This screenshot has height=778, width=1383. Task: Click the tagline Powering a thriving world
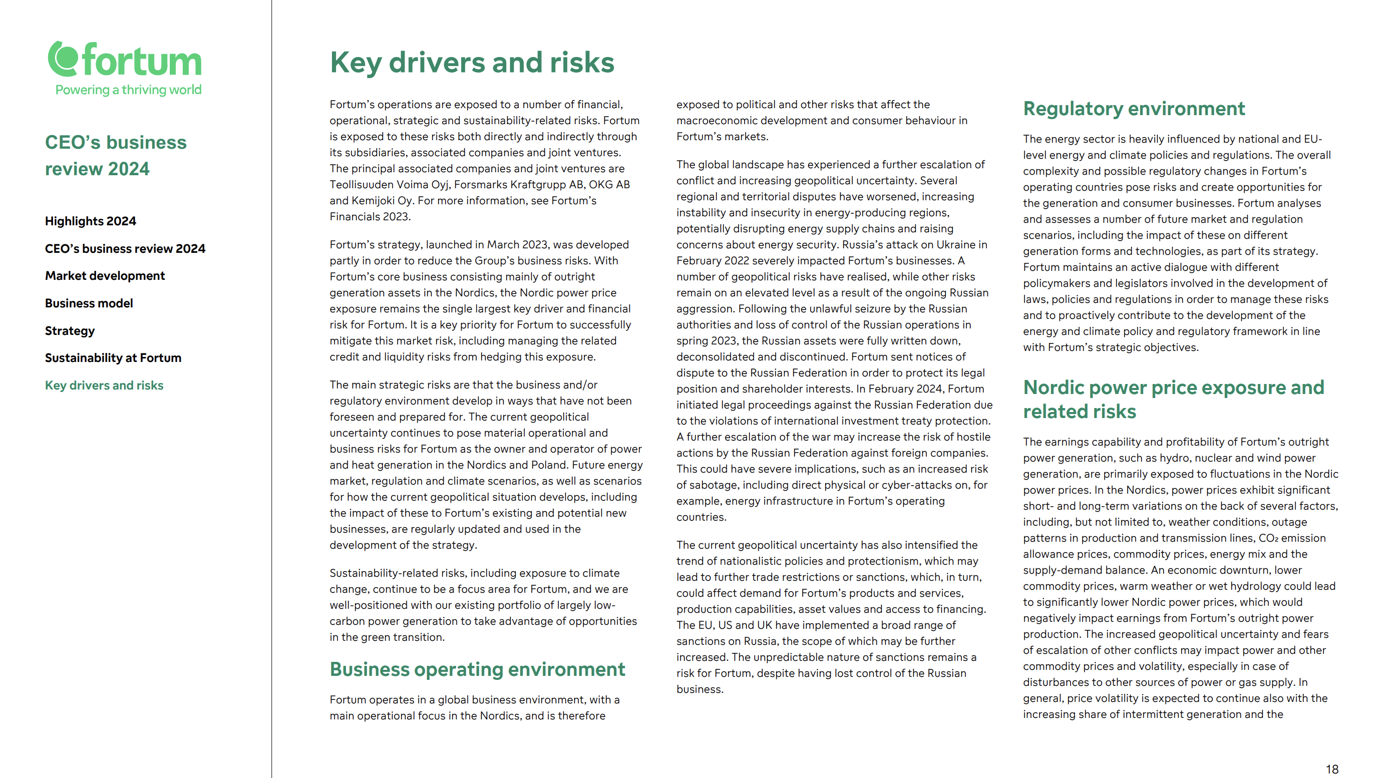pyautogui.click(x=128, y=90)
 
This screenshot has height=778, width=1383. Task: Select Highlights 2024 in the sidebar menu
pyautogui.click(x=90, y=221)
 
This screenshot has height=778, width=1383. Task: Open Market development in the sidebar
pyautogui.click(x=105, y=275)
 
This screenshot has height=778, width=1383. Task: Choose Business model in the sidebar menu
pyautogui.click(x=89, y=303)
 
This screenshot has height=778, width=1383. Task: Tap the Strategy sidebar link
pyautogui.click(x=70, y=331)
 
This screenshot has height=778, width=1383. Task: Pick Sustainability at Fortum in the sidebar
pyautogui.click(x=113, y=358)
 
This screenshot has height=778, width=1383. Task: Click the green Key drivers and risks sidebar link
pyautogui.click(x=104, y=385)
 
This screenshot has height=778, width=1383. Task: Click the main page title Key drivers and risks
pyautogui.click(x=471, y=62)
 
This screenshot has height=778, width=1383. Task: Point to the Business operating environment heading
pyautogui.click(x=477, y=669)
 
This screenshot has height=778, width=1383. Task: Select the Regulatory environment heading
pyautogui.click(x=1133, y=109)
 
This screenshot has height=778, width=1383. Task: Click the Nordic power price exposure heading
pyautogui.click(x=1173, y=399)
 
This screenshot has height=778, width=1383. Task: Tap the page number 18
pyautogui.click(x=1331, y=769)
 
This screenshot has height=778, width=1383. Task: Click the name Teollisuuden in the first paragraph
pyautogui.click(x=361, y=185)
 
